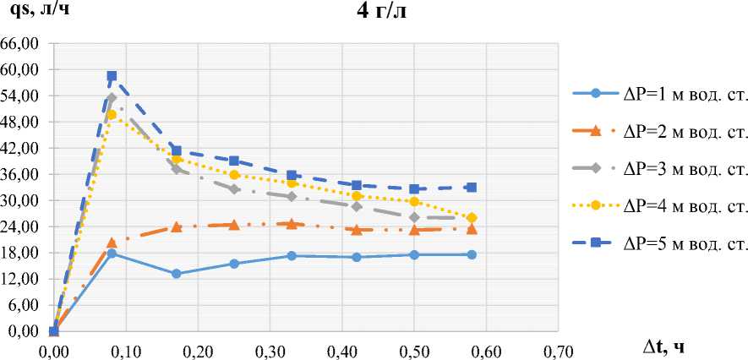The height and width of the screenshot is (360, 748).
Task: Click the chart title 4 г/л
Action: tap(383, 12)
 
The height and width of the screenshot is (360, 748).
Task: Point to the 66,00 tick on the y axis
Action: tap(24, 43)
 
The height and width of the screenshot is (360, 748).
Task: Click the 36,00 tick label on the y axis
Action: tap(24, 174)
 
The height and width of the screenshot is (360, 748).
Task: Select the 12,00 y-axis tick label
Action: tap(24, 279)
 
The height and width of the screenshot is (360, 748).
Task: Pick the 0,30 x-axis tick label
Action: tap(270, 347)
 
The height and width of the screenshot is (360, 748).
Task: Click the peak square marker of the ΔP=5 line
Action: tap(112, 76)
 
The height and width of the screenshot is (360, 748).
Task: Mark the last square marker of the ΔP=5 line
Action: tap(472, 188)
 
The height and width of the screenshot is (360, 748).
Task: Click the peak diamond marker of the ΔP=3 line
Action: tap(112, 98)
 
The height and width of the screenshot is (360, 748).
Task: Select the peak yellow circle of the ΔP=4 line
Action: tap(112, 114)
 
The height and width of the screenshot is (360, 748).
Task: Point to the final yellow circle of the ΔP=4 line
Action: tap(472, 218)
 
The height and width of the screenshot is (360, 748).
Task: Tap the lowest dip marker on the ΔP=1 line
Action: tap(176, 274)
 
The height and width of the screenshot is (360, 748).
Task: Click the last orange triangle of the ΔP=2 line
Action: tap(472, 229)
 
